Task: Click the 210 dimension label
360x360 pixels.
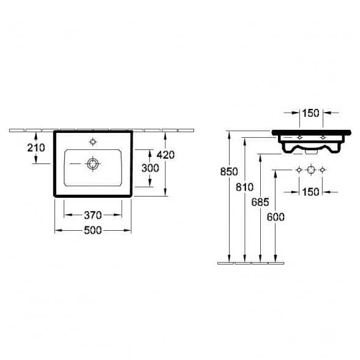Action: point(36,148)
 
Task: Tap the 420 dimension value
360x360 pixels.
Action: point(165,155)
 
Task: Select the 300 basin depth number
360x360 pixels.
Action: point(150,168)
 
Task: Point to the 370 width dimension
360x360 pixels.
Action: point(93,216)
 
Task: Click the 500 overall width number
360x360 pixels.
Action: point(93,230)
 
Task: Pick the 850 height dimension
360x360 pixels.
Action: point(229,171)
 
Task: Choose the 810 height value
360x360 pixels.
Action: point(244,187)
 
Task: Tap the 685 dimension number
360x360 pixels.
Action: point(260,202)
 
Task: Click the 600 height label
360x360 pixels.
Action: point(276,217)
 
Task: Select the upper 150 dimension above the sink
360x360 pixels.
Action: point(310,113)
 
